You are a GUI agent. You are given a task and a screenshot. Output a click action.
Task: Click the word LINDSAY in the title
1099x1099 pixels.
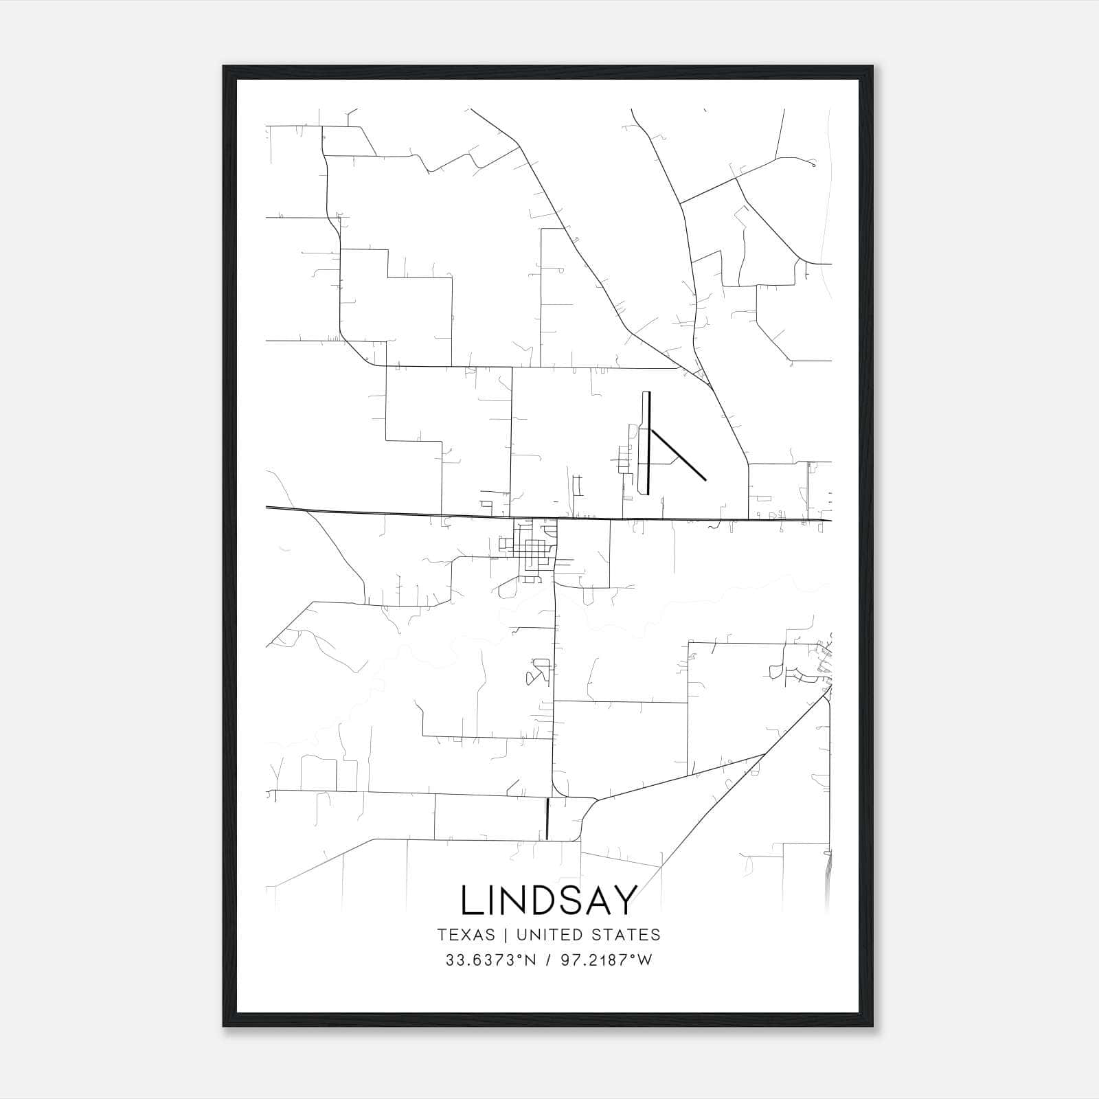[x=549, y=900]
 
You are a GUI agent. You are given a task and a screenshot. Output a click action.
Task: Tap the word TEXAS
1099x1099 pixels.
[x=466, y=935]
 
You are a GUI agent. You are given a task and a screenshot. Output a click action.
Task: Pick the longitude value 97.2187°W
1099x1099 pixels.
[x=607, y=960]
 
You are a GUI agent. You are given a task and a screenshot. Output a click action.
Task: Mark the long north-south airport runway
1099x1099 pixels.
[x=648, y=443]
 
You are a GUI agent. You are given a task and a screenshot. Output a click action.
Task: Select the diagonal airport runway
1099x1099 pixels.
[x=679, y=455]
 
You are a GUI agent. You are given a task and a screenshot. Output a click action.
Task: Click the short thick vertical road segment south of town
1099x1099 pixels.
[x=547, y=818]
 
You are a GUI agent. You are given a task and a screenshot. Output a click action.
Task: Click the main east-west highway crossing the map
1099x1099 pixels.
[x=412, y=512]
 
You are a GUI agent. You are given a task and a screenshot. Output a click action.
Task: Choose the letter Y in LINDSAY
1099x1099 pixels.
[x=626, y=900]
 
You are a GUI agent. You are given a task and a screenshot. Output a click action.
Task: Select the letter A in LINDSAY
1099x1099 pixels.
[x=600, y=900]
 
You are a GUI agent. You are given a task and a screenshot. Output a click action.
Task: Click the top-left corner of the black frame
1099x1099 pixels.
[x=224, y=67]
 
